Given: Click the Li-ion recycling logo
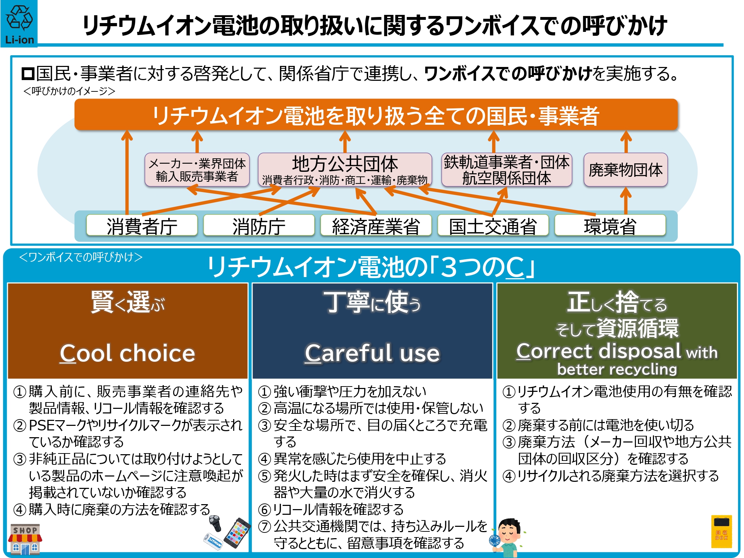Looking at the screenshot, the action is point(19,23).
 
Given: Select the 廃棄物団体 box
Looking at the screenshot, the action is point(626,170).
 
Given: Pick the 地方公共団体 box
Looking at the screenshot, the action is point(345,170).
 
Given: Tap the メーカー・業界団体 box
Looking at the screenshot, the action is point(197,170).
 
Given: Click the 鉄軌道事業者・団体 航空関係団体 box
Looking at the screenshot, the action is point(507,170).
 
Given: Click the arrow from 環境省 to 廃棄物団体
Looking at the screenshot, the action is point(626,201).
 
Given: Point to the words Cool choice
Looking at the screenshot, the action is point(128,353).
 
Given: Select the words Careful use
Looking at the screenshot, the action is point(372,353).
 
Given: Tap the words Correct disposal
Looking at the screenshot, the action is point(599,351).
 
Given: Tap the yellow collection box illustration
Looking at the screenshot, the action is point(722,531).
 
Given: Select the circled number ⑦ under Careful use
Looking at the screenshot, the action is point(265,526).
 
